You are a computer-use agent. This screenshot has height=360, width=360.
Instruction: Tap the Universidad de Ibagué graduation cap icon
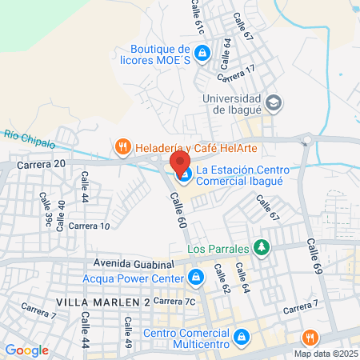tap(274, 102)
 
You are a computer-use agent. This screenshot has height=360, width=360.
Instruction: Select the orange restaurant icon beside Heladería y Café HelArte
tap(122, 146)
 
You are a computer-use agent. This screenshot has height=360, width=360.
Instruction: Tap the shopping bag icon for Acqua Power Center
tap(194, 278)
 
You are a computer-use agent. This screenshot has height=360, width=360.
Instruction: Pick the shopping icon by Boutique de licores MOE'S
tap(202, 54)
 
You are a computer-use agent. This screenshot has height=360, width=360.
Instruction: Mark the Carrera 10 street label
tap(90, 226)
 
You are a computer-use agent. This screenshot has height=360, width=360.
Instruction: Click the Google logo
tap(26, 350)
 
